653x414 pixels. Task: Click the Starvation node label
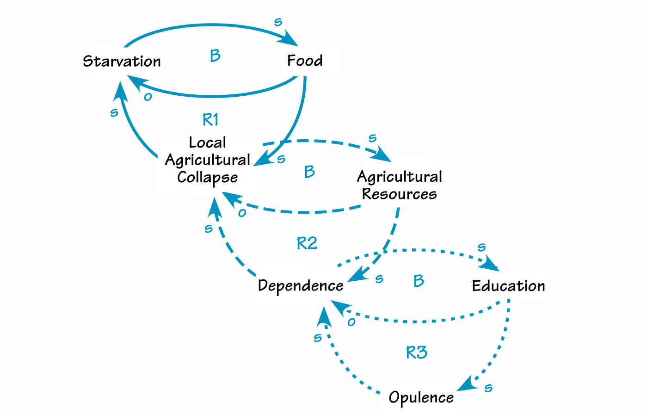click(x=122, y=61)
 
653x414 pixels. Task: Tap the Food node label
click(x=305, y=61)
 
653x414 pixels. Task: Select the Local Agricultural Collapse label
click(x=208, y=160)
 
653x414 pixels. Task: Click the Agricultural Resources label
click(x=400, y=185)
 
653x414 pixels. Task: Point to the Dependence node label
click(x=301, y=286)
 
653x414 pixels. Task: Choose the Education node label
click(x=508, y=286)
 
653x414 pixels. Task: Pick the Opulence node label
click(x=421, y=397)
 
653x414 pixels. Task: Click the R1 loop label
click(x=210, y=120)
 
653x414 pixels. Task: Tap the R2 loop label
click(x=307, y=243)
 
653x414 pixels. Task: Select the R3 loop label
click(x=416, y=353)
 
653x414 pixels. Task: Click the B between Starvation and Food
click(x=215, y=56)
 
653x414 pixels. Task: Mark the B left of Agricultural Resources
click(x=309, y=172)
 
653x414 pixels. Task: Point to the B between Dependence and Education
click(x=419, y=281)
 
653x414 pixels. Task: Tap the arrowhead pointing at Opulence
click(x=467, y=385)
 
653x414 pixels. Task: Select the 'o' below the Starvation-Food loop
click(x=148, y=97)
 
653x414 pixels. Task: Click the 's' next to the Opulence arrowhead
click(x=488, y=388)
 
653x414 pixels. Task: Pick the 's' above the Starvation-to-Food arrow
click(x=278, y=22)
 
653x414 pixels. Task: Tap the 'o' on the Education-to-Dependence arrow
click(x=351, y=322)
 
